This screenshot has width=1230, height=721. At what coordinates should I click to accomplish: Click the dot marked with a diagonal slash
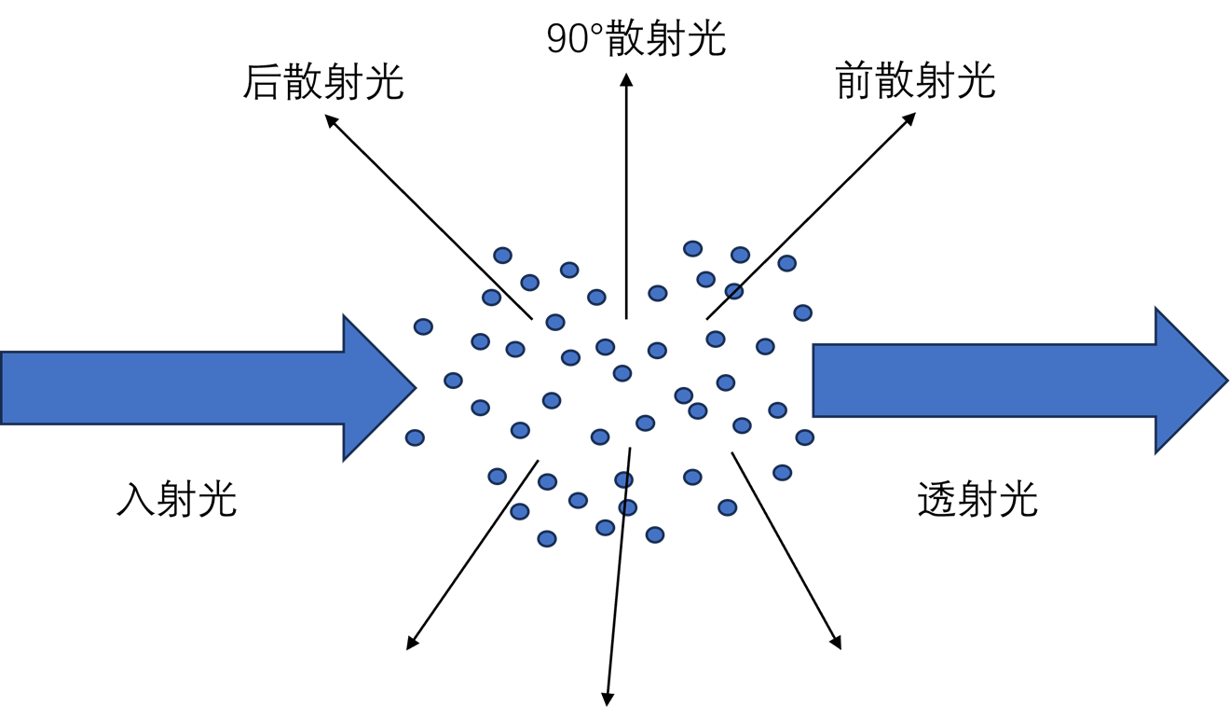click(x=733, y=292)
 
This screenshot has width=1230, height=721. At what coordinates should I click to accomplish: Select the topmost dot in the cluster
click(x=692, y=249)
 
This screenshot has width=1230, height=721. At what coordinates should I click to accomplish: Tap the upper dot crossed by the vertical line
click(x=624, y=479)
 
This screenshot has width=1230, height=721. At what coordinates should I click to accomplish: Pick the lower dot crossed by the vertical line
click(x=627, y=507)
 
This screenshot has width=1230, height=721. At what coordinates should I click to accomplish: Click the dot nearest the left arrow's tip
click(x=453, y=381)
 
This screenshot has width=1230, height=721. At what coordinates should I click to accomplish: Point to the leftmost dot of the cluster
click(x=415, y=437)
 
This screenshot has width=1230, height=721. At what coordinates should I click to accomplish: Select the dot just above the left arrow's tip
click(x=423, y=326)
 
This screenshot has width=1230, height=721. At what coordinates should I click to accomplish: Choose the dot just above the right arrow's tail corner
click(x=803, y=312)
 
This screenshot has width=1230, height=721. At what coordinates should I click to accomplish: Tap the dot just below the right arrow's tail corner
click(x=805, y=437)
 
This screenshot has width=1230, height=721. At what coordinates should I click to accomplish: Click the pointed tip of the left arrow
click(x=413, y=387)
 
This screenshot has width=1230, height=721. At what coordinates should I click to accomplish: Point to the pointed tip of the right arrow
click(x=1225, y=380)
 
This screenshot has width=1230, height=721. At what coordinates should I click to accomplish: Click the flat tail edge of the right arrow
click(x=814, y=381)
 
